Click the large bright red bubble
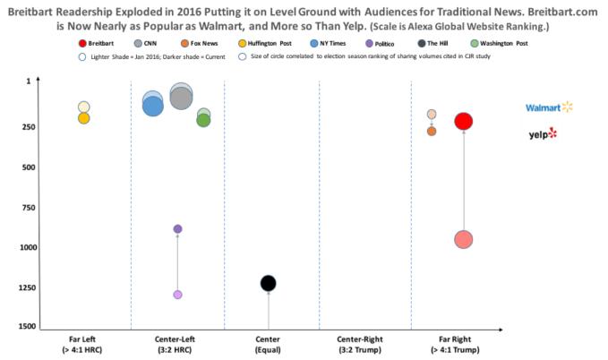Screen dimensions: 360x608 point(463,122)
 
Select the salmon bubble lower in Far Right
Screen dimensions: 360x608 point(463,239)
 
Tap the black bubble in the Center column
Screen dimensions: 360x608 point(268,283)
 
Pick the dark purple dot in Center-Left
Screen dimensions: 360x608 point(177,230)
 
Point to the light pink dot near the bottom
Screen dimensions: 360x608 point(177,295)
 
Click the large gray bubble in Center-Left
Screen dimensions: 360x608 point(181,97)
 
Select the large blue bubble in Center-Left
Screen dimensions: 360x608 point(153,104)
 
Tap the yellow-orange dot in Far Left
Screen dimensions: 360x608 point(83,117)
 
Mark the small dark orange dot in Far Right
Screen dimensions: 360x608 point(432,132)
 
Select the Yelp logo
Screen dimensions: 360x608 point(543,134)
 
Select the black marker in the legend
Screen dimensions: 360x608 point(420,42)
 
